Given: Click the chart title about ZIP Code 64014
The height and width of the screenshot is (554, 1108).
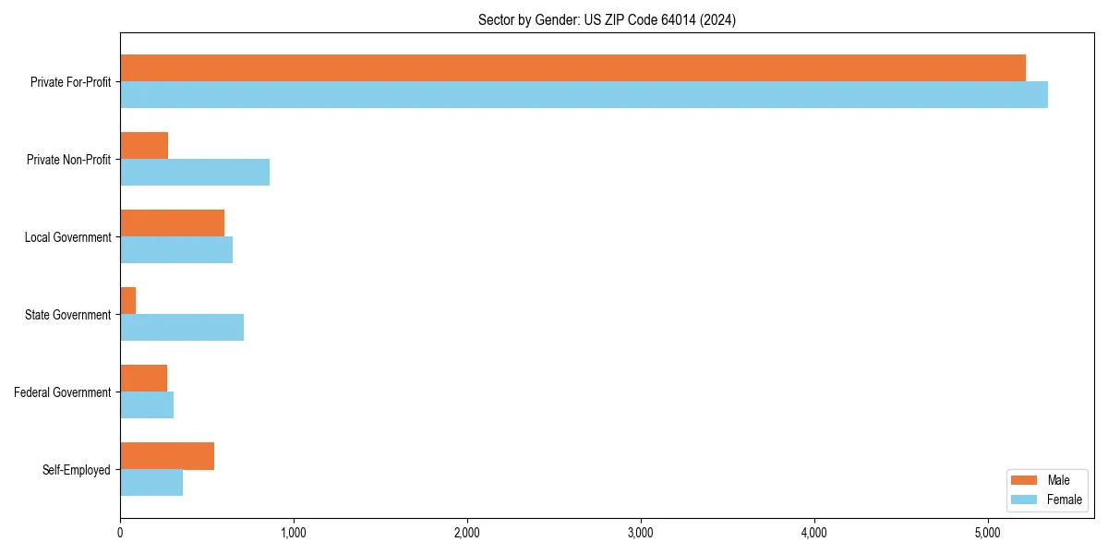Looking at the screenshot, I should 607,19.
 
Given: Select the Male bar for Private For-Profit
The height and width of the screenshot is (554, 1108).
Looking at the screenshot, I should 572,68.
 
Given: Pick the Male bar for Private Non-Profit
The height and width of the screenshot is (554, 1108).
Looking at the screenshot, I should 144,146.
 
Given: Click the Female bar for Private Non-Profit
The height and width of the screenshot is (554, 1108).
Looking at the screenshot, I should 195,173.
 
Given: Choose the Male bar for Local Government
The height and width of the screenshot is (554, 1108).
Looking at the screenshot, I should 172,223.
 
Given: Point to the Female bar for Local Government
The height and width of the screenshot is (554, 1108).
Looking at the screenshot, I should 176,250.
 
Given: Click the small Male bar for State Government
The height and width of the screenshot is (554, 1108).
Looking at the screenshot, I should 128,301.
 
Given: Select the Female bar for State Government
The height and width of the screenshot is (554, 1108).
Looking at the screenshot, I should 182,328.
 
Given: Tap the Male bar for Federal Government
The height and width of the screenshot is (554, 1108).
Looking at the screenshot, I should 144,379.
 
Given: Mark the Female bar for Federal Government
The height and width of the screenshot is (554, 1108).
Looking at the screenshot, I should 147,405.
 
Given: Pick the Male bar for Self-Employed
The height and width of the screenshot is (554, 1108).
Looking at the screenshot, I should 167,456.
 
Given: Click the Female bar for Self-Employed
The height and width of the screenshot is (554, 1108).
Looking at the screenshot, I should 151,483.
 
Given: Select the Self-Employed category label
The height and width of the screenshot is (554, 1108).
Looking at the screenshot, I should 77,470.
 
